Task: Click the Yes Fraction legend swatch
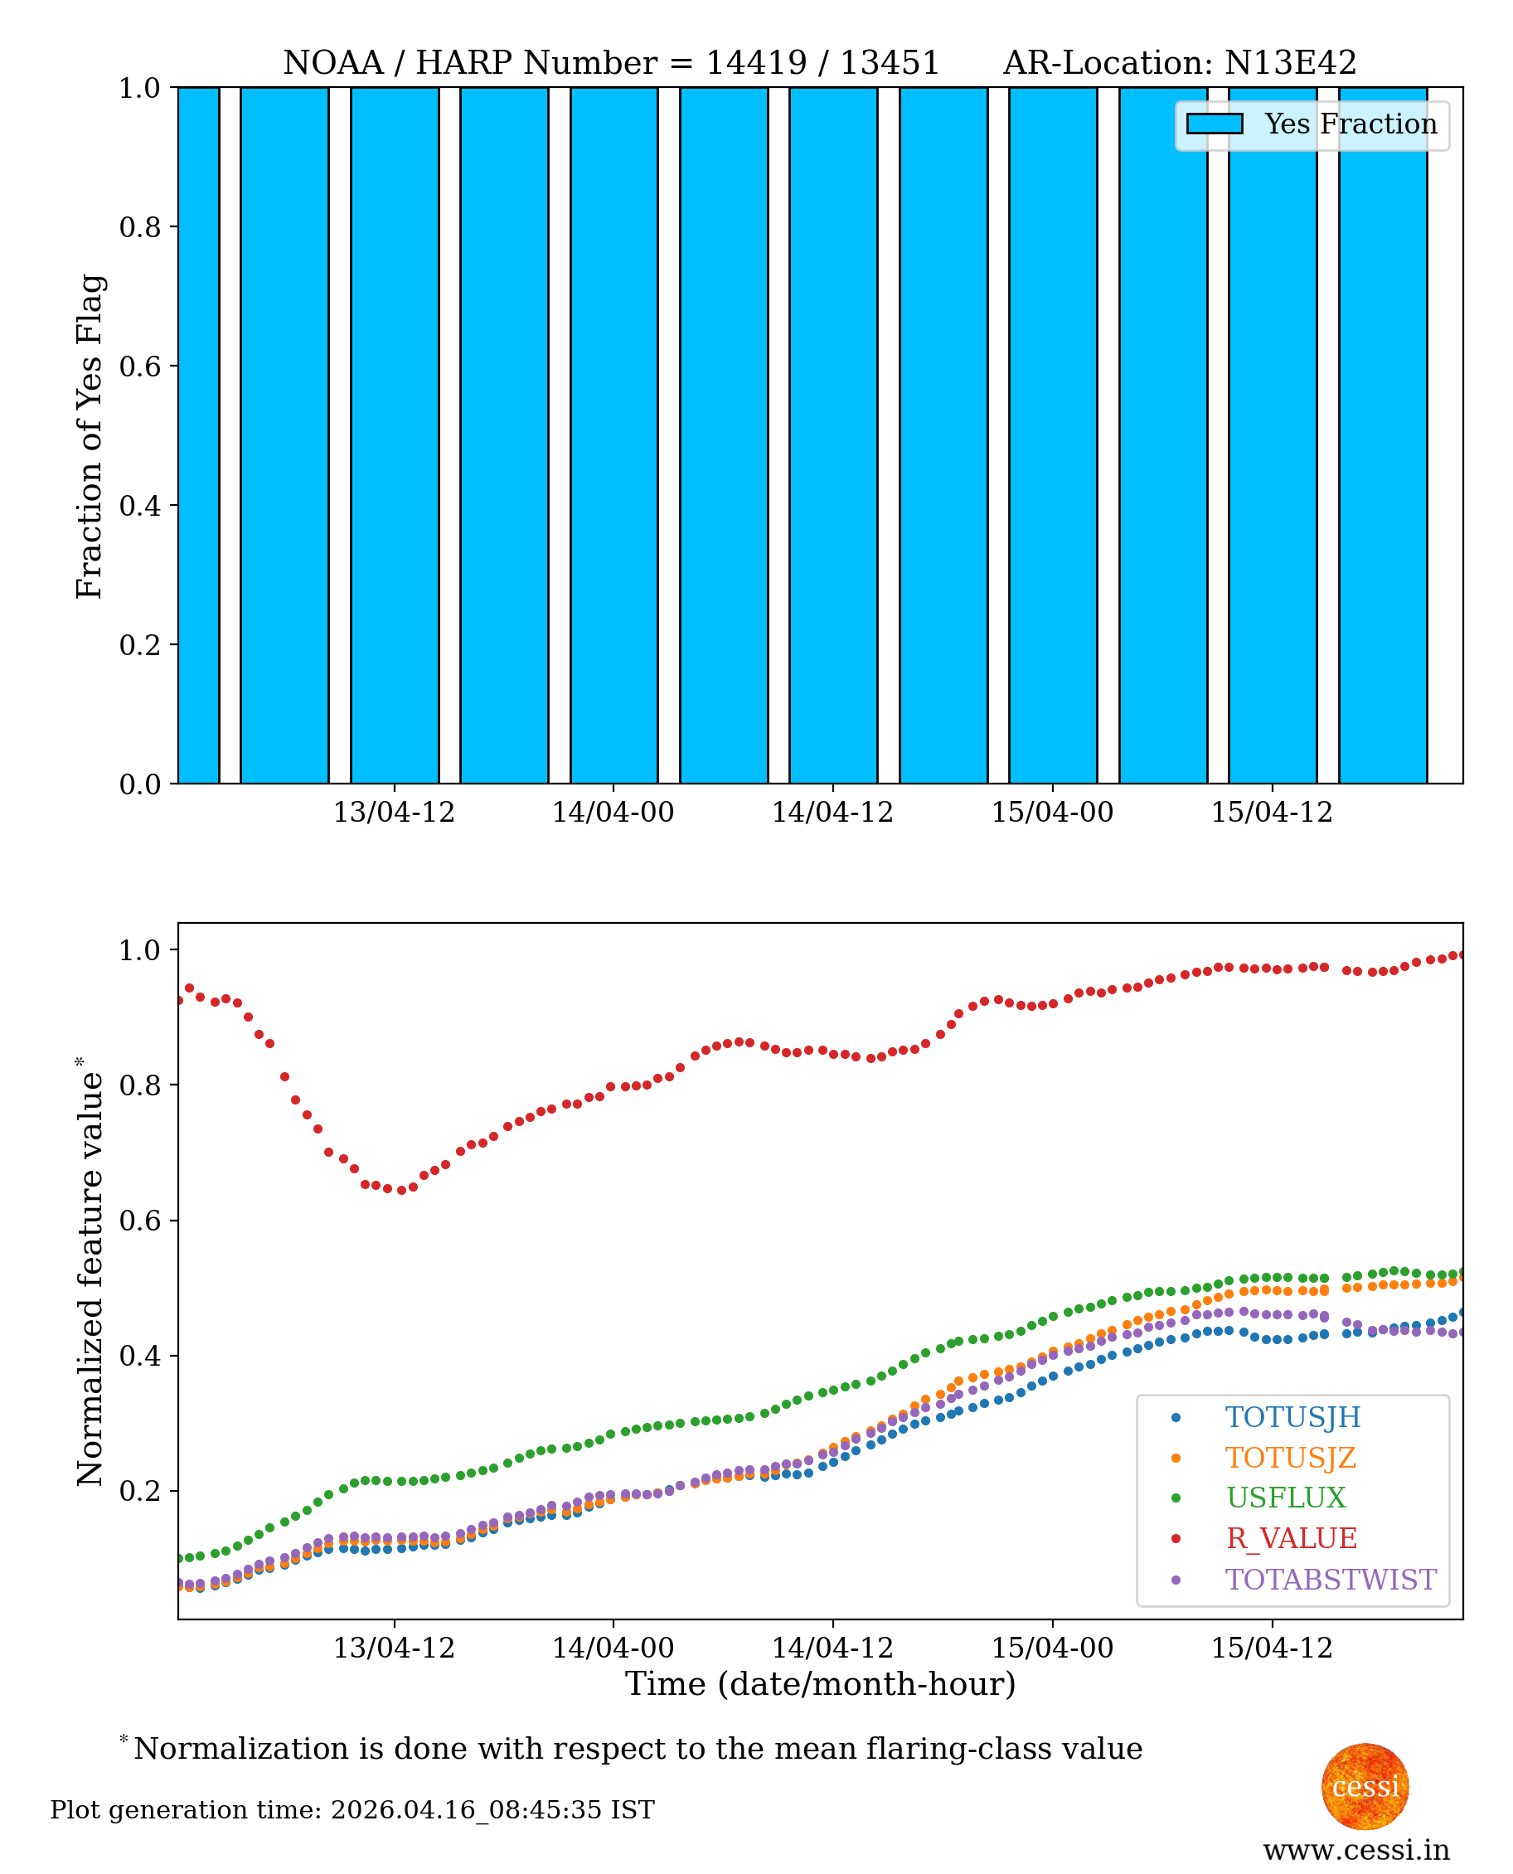[x=1214, y=124]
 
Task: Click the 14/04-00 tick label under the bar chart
[x=613, y=813]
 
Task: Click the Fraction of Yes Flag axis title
[x=89, y=436]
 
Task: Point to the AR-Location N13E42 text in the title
[x=1179, y=63]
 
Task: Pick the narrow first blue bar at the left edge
[x=198, y=436]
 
